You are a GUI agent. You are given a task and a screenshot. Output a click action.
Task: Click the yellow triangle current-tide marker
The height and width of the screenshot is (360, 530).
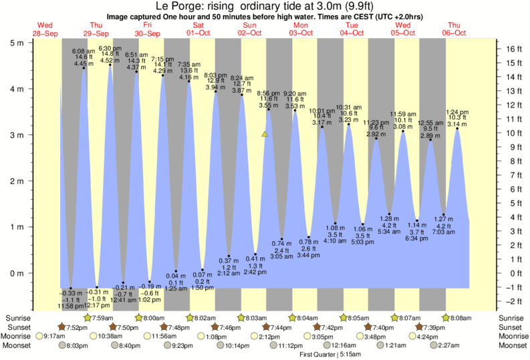pyautogui.click(x=265, y=134)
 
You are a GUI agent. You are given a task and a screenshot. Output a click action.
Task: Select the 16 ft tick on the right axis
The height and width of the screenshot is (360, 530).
pyautogui.click(x=510, y=49)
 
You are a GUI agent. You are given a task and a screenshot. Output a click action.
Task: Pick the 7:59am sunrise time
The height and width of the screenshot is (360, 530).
pyautogui.click(x=100, y=318)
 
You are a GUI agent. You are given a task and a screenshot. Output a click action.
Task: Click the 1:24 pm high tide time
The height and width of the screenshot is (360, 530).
pyautogui.click(x=457, y=112)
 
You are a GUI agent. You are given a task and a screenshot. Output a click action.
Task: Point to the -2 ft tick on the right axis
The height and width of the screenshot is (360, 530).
pyautogui.click(x=510, y=301)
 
